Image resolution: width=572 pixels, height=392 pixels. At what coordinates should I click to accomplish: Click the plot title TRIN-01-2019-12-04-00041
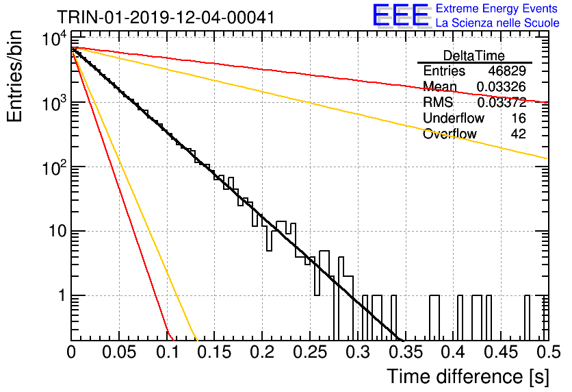(x=166, y=17)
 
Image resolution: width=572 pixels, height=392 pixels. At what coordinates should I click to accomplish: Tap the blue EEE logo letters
(x=401, y=15)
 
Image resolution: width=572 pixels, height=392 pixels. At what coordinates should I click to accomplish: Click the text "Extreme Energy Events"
(x=497, y=8)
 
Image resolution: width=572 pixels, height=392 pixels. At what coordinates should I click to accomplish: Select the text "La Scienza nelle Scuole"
(x=497, y=23)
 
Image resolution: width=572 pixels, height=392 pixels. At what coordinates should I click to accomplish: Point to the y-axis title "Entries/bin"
(x=14, y=76)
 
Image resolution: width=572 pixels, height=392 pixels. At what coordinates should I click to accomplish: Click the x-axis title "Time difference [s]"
(x=468, y=376)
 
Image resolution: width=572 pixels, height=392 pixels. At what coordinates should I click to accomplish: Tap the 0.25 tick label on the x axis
(x=310, y=352)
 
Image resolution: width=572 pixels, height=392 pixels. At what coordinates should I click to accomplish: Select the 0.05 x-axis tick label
(x=119, y=352)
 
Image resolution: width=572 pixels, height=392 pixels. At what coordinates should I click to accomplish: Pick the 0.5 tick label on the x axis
(x=548, y=352)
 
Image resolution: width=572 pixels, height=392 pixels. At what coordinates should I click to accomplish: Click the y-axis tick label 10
(x=57, y=231)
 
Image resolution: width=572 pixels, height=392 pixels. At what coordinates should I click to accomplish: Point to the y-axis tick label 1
(x=62, y=295)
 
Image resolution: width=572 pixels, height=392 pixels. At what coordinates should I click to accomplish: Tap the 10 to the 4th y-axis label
(x=54, y=40)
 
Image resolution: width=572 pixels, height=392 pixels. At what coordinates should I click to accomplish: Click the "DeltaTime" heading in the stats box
(x=474, y=56)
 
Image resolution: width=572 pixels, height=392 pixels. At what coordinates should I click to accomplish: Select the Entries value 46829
(x=507, y=71)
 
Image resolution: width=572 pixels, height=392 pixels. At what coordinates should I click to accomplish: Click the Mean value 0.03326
(x=502, y=86)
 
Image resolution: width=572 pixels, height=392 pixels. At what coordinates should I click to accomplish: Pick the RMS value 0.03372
(x=502, y=102)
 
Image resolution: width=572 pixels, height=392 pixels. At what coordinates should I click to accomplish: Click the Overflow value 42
(x=519, y=134)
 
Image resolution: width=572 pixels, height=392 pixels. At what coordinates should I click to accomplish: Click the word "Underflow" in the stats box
(x=454, y=118)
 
